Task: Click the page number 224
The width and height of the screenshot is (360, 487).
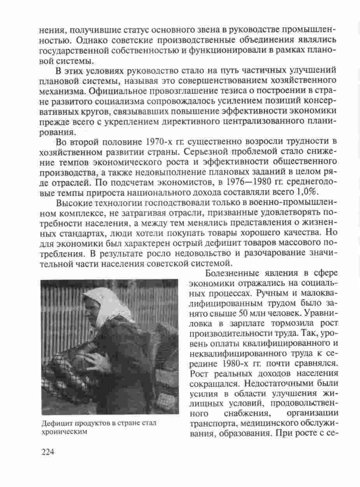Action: pos(47,452)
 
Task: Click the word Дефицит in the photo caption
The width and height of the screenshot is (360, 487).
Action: pos(54,424)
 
